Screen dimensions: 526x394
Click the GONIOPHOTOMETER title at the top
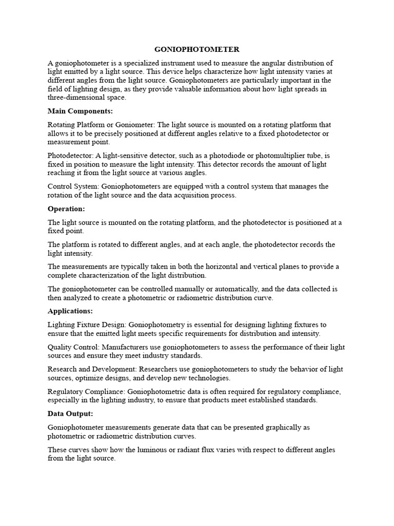click(197, 49)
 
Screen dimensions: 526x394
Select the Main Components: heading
click(80, 110)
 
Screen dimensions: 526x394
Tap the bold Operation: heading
click(66, 209)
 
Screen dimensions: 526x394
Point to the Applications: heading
click(70, 311)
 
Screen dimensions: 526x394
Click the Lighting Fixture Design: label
click(87, 325)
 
